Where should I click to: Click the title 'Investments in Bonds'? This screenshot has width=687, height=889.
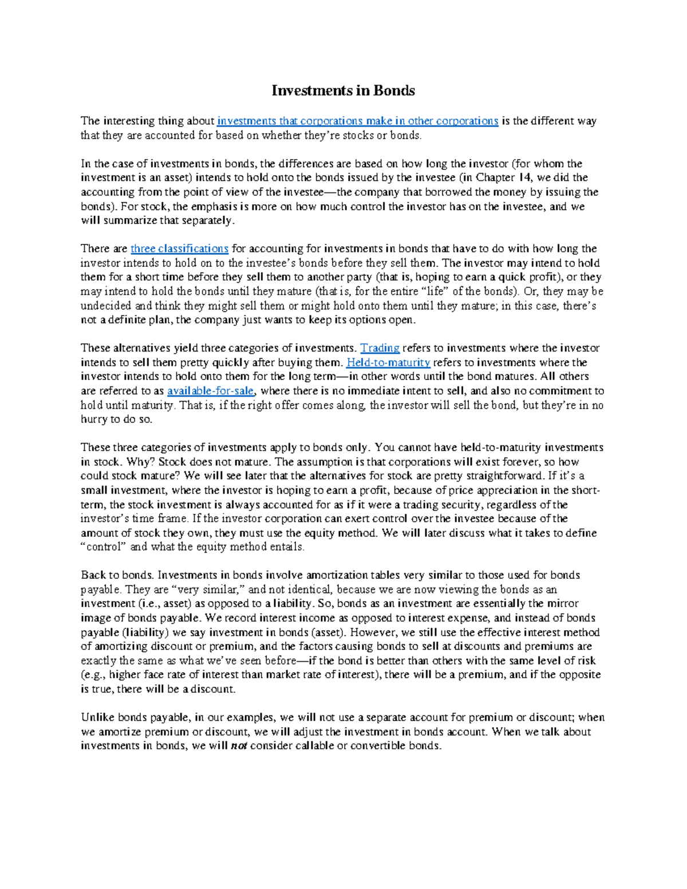pos(343,90)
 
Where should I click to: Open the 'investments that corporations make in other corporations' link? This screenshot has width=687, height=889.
pos(358,121)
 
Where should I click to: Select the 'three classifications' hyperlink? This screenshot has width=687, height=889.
pos(179,248)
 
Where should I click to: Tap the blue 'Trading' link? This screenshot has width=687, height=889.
pos(380,348)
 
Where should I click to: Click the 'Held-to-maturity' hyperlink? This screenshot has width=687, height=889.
pos(388,362)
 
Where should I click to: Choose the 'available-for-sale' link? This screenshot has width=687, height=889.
pos(211,391)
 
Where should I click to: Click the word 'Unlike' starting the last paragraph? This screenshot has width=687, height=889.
pos(98,717)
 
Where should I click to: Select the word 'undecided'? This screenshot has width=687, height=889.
pos(106,306)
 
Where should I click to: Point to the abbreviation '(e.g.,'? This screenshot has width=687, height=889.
pos(93,675)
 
